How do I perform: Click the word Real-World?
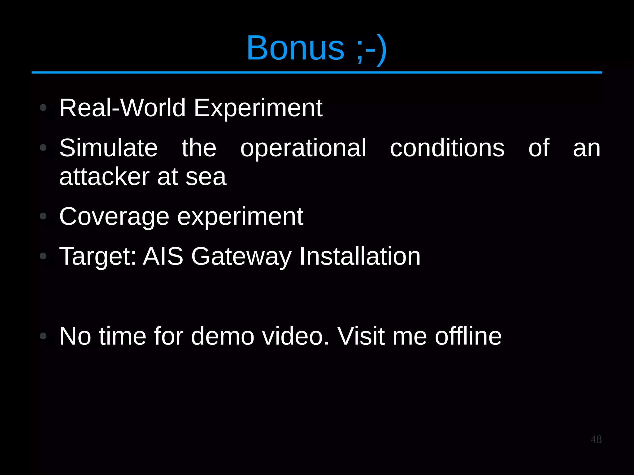pyautogui.click(x=122, y=108)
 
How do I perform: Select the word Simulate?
pyautogui.click(x=108, y=148)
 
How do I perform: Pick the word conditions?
pyautogui.click(x=447, y=148)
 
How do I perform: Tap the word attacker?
pyautogui.click(x=104, y=177)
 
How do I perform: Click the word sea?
pyautogui.click(x=206, y=177)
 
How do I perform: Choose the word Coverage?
pyautogui.click(x=114, y=217)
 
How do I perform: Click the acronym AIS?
pyautogui.click(x=163, y=256)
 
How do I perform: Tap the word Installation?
pyautogui.click(x=359, y=256)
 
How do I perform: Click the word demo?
pyautogui.click(x=223, y=336)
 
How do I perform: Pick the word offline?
pyautogui.click(x=468, y=336)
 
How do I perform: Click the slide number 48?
pyautogui.click(x=596, y=439)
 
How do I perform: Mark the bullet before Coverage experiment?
pyautogui.click(x=43, y=216)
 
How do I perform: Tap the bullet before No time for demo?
pyautogui.click(x=43, y=336)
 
